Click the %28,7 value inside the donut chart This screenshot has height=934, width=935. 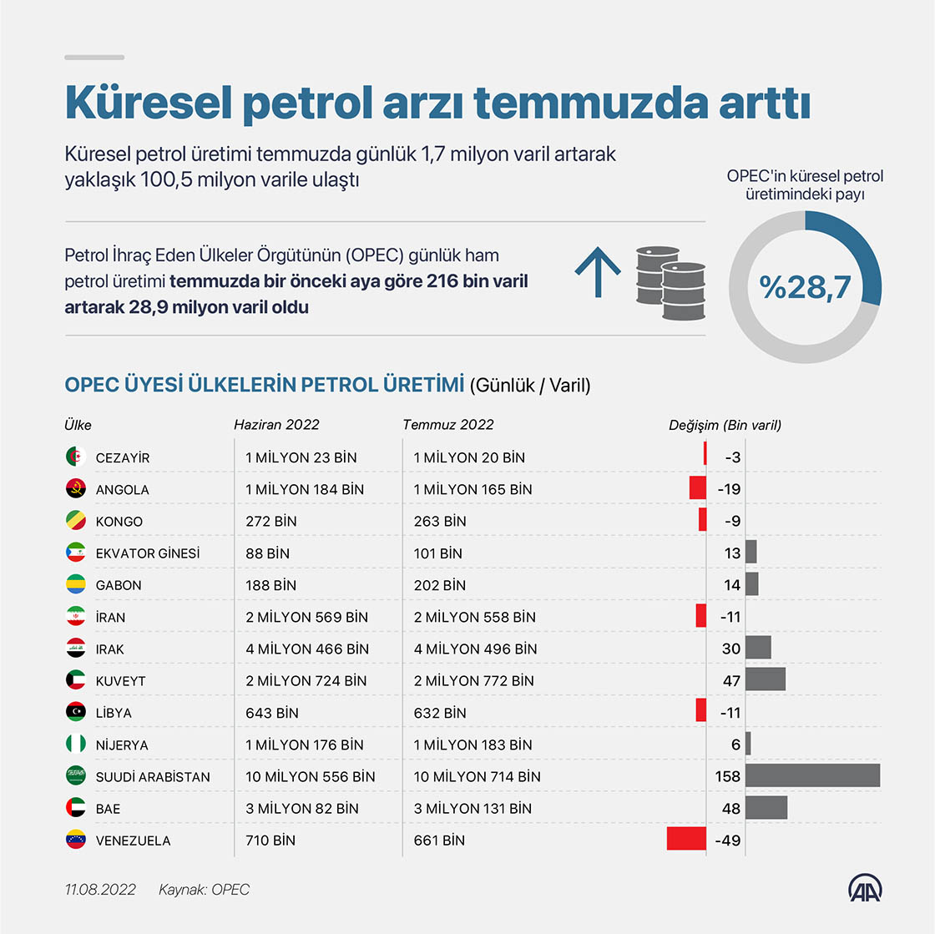pos(805,287)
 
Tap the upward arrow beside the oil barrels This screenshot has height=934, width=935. pos(598,272)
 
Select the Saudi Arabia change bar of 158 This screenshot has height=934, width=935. pos(813,775)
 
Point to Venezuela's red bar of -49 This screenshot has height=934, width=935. pos(686,839)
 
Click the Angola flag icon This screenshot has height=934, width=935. pos(76,489)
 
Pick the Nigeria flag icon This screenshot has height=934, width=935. pos(76,744)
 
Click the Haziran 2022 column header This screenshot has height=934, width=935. pos(276,424)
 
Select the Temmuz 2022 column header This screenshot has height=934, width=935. pos(447,424)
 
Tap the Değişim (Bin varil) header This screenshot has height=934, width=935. pos(725,425)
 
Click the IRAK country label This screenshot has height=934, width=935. pos(109,649)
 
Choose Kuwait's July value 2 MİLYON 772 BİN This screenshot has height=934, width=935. pos(474,681)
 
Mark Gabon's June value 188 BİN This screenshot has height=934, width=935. pos(270,585)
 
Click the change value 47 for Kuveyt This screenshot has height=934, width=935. pos(731,681)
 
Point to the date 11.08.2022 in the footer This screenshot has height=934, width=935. pos(100,889)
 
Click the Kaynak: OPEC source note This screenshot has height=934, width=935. pos(204,889)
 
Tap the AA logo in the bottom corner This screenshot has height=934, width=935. pos(865,888)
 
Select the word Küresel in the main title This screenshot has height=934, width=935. pos(148,103)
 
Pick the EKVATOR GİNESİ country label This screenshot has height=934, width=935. pos(147,553)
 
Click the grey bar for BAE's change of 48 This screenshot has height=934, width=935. pos(766,808)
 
